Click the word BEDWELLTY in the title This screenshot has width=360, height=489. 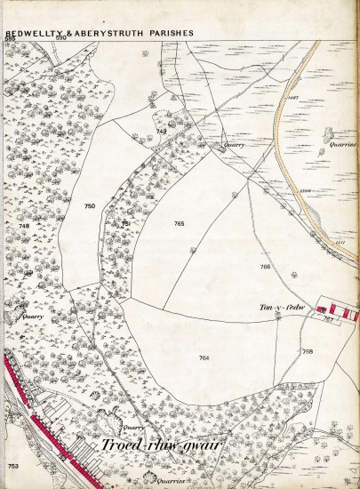[29, 33]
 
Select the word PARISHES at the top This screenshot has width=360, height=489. [171, 33]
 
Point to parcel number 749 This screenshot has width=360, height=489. [161, 131]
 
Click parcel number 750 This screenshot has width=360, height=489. [89, 206]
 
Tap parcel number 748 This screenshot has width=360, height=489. [23, 226]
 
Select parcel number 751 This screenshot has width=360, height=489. [126, 223]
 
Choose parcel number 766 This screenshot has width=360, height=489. [265, 267]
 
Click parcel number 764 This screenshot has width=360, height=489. [204, 357]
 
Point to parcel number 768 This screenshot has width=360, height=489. [308, 351]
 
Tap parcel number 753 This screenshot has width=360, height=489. [12, 466]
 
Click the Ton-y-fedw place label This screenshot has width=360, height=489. [276, 307]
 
